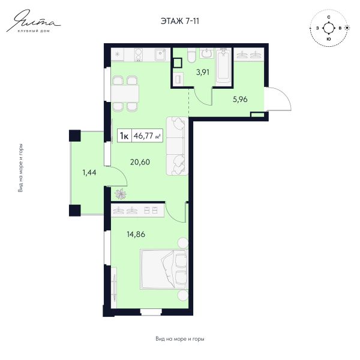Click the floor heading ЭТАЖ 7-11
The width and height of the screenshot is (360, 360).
coord(180,21)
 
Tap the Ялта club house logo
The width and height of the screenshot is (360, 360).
coord(34,22)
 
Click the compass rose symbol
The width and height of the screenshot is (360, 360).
coord(329,28)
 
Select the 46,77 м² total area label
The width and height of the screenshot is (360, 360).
coord(147,136)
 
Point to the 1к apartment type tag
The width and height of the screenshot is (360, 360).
coord(124,136)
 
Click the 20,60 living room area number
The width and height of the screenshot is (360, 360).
coord(140,162)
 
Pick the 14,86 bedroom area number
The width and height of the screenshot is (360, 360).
coord(136,234)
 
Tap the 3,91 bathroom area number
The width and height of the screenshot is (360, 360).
coord(203,73)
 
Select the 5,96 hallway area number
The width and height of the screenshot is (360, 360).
coord(240,100)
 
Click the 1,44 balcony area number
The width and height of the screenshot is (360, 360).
coord(89,172)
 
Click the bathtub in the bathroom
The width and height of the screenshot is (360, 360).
coord(223,65)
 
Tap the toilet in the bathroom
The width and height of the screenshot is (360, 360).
coord(191,55)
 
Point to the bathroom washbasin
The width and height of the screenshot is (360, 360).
coord(206,53)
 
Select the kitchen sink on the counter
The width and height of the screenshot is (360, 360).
coord(160,55)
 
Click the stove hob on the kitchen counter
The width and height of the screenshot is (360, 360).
coord(139,55)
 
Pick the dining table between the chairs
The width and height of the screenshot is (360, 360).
coord(125,93)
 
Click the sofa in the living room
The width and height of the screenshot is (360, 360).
coord(177,146)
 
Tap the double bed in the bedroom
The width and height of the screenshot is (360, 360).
coord(164,269)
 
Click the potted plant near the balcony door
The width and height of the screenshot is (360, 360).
coord(121,194)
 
